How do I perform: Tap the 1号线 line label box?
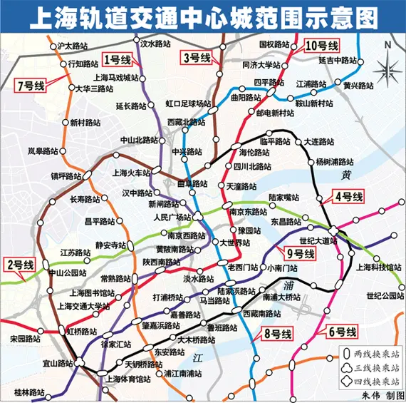tap(118, 59)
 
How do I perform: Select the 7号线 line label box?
tap(30, 86)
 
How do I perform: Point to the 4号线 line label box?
tap(348, 196)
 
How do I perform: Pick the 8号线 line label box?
tap(276, 334)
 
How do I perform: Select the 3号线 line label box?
tap(196, 58)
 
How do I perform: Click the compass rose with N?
tap(387, 67)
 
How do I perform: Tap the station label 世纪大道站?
tap(318, 240)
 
